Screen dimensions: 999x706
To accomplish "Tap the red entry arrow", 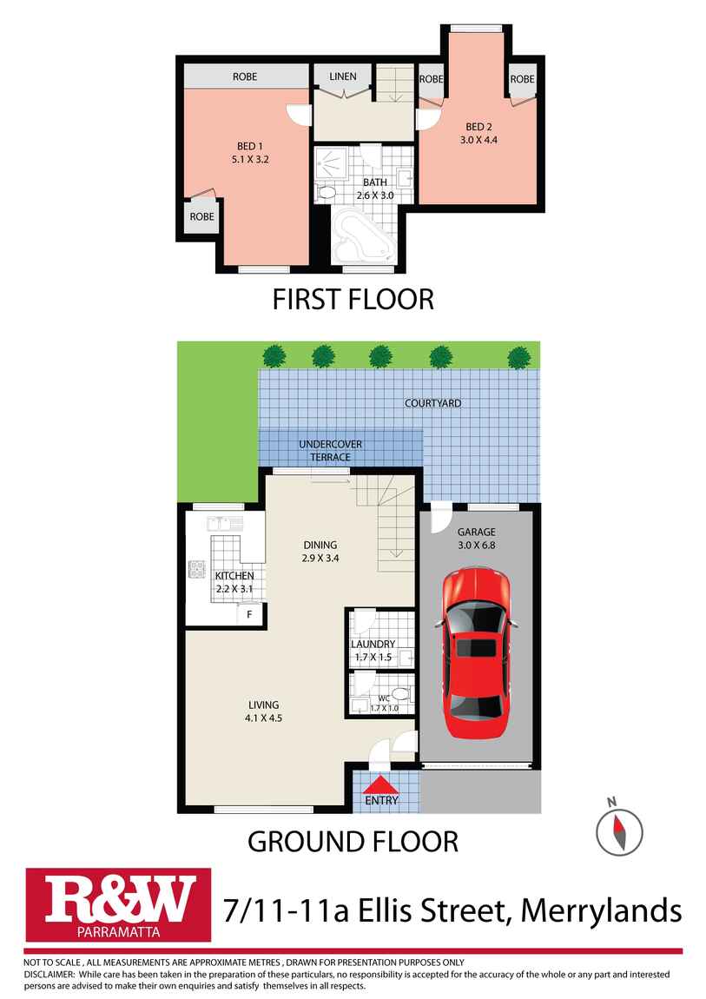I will (x=382, y=784).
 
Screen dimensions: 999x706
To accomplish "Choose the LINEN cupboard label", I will (x=343, y=77).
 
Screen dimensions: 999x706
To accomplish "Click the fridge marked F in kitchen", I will (x=250, y=614).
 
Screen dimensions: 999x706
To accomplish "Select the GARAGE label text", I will (x=477, y=533).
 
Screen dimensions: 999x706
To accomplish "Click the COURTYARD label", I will (x=432, y=403).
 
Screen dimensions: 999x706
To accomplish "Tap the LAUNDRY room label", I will (x=373, y=645).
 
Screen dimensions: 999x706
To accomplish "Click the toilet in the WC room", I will (x=399, y=693).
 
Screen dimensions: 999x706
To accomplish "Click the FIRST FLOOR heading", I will (x=353, y=300).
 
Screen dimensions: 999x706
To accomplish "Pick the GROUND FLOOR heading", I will (x=353, y=841).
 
